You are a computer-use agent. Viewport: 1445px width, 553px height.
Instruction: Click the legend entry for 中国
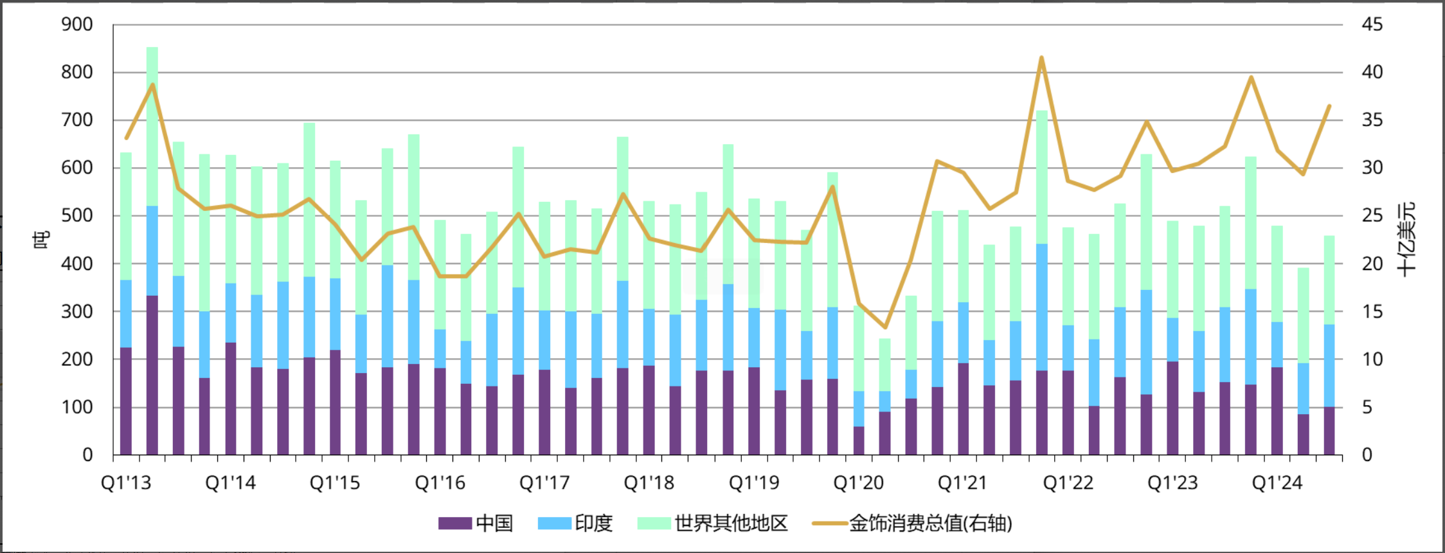point(476,523)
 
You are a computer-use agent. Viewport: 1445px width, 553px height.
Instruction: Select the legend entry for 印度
point(575,523)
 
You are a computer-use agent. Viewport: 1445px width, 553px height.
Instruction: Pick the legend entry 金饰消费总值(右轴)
point(913,523)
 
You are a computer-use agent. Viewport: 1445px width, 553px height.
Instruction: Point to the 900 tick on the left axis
point(77,24)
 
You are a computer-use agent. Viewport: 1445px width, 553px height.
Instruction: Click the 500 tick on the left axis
point(77,215)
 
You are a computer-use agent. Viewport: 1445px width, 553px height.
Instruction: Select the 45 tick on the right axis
point(1372,24)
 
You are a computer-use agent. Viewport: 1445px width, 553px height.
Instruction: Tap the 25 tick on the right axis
point(1372,215)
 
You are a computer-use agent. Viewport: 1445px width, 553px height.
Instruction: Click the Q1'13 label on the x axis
point(126,483)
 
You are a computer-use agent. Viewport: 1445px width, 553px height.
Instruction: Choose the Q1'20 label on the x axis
point(859,483)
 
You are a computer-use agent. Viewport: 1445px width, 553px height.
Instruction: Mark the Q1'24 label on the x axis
point(1277,483)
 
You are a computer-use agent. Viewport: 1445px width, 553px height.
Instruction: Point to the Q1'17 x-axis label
point(544,483)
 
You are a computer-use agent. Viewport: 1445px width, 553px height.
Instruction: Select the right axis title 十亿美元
point(1406,240)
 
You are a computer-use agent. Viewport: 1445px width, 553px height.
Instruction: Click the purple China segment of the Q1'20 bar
point(859,440)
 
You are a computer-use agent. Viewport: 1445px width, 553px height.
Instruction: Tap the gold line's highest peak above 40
point(1041,58)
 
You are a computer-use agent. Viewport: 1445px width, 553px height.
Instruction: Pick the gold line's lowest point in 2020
point(885,327)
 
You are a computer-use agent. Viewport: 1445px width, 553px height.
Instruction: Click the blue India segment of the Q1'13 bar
point(126,314)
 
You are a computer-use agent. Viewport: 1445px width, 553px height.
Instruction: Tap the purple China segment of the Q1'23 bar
point(1172,408)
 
